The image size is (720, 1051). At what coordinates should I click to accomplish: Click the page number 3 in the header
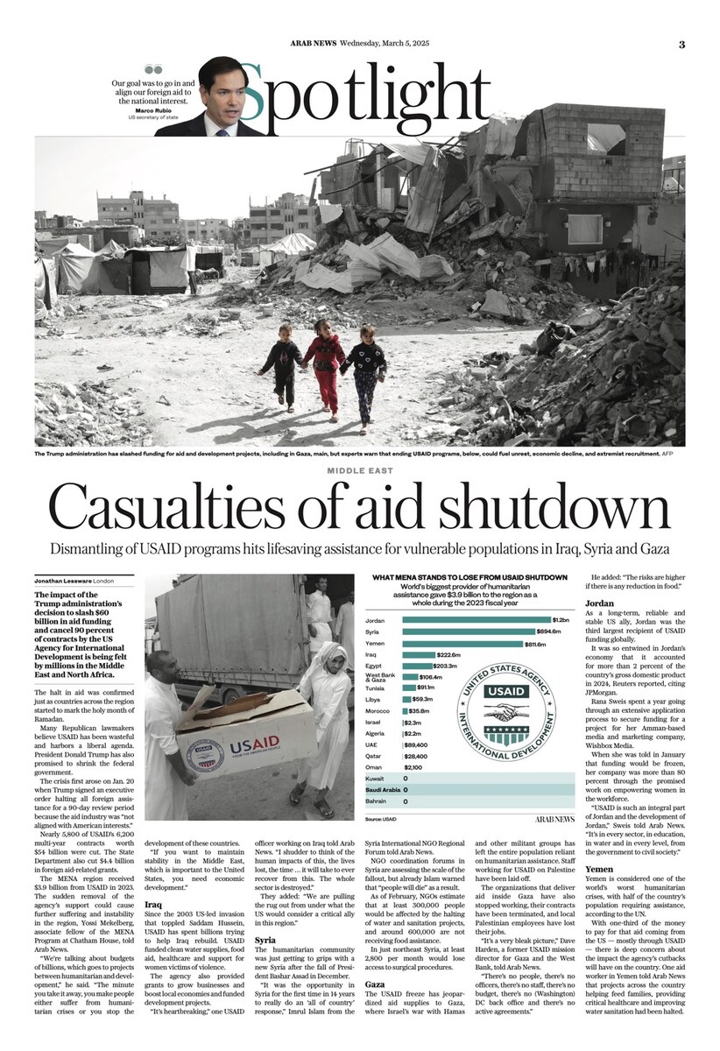[681, 45]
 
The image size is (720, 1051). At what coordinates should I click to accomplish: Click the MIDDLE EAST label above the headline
[359, 470]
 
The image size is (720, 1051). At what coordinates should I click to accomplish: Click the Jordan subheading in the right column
[600, 603]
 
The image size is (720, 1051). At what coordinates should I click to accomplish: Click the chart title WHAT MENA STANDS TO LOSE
[469, 578]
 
